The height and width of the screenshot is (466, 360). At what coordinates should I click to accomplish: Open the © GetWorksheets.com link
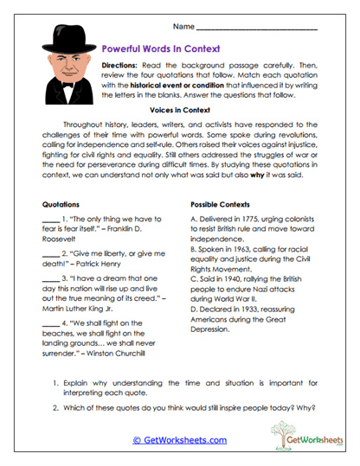pos(180,440)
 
